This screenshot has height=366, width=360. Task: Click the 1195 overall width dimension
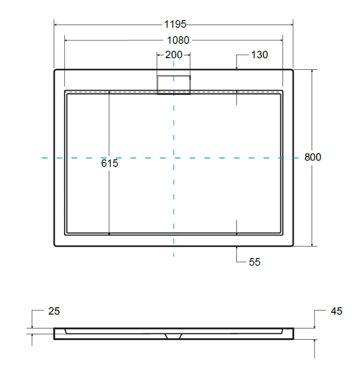pos(175,24)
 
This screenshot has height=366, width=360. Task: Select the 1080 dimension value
pos(178,41)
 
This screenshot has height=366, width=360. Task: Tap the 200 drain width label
pos(173,55)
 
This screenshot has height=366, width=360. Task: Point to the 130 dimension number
pos(259,55)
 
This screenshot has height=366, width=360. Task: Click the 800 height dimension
pos(313,157)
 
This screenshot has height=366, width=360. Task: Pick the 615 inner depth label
pos(109,163)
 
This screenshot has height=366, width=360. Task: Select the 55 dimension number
pos(254,262)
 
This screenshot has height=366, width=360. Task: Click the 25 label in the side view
pos(54,311)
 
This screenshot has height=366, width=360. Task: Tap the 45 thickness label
pos(337,311)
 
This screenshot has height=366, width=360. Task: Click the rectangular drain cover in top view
pos(173,85)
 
